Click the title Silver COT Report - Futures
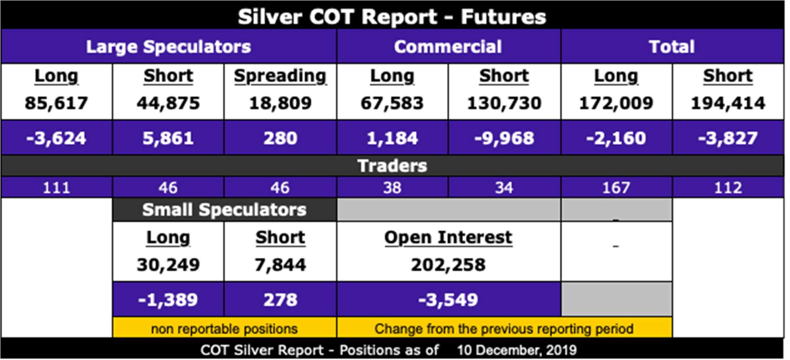pyautogui.click(x=392, y=17)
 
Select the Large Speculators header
pyautogui.click(x=168, y=47)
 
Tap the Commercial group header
pyautogui.click(x=448, y=47)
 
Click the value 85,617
pyautogui.click(x=56, y=103)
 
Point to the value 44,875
pyautogui.click(x=168, y=103)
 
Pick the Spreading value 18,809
pyautogui.click(x=280, y=103)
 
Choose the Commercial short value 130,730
pyautogui.click(x=504, y=103)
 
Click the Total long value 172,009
pyautogui.click(x=616, y=103)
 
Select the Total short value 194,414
pyautogui.click(x=728, y=103)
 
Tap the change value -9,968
pyautogui.click(x=504, y=138)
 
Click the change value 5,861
pyautogui.click(x=168, y=138)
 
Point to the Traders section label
pyautogui.click(x=392, y=166)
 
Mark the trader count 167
pyautogui.click(x=616, y=187)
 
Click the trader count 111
pyautogui.click(x=56, y=187)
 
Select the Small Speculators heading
pyautogui.click(x=224, y=210)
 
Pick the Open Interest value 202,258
pyautogui.click(x=448, y=265)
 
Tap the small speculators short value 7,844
pyautogui.click(x=280, y=265)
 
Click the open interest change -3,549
pyautogui.click(x=448, y=300)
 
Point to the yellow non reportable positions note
pyautogui.click(x=224, y=328)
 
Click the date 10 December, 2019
pyautogui.click(x=517, y=350)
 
